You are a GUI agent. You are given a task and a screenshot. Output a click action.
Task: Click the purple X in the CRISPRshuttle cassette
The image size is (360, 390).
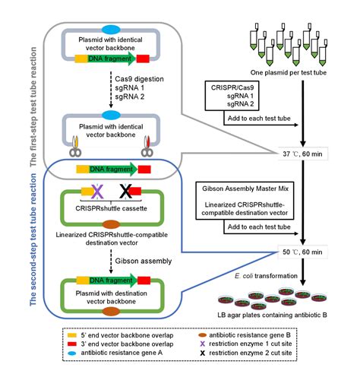tap(97, 189)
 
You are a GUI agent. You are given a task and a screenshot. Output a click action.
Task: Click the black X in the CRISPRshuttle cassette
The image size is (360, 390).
tap(126, 189)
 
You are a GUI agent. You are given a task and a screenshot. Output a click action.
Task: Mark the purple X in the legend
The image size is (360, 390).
tap(203, 344)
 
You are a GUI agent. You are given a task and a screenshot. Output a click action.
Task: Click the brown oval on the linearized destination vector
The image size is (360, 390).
tap(112, 225)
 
